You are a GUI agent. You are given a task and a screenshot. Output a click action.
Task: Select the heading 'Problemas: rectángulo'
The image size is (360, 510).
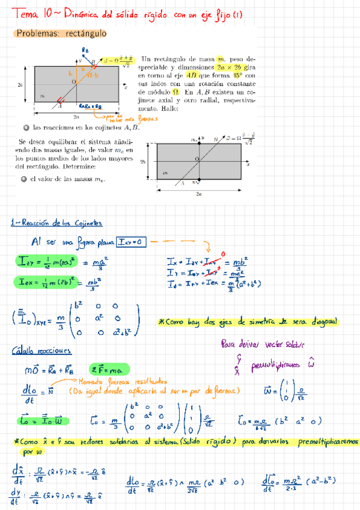click(61, 34)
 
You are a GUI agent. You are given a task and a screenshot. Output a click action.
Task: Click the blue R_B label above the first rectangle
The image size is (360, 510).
click(85, 51)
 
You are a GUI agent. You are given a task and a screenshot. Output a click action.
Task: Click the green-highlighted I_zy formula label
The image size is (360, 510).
click(31, 261)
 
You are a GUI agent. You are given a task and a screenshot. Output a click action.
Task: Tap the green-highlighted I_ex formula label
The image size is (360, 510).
click(30, 281)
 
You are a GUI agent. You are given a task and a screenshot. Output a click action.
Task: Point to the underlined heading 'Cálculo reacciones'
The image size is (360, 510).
click(41, 351)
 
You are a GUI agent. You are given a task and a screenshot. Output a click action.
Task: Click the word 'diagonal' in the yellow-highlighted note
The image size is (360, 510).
click(319, 322)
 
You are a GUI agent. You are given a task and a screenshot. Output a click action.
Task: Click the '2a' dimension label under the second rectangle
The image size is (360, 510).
click(198, 194)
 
